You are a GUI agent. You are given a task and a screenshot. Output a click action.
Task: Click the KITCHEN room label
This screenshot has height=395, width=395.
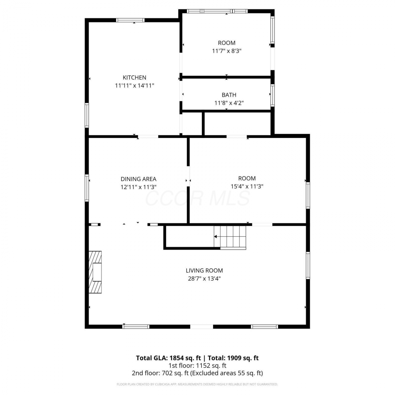134,77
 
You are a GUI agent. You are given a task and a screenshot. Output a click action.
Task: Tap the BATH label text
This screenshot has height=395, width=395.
229,95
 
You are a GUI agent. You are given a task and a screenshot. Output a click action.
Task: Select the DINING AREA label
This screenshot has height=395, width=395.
139,179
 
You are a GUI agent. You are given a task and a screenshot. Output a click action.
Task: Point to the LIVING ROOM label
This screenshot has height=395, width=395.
204,270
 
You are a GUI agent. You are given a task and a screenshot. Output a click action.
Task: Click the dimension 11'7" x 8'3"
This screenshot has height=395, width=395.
227,51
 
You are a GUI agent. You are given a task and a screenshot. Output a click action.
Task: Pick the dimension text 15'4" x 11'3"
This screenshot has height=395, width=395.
247,186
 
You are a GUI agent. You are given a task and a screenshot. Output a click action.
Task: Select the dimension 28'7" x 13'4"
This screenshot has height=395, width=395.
204,279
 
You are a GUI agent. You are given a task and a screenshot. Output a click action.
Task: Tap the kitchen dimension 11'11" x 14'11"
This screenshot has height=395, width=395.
134,86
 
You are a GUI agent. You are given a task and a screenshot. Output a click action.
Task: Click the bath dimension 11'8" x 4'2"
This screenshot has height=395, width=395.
229,103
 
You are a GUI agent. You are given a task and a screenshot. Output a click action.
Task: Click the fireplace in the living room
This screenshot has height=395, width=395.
95,272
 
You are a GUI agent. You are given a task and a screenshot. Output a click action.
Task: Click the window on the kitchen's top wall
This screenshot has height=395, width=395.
130,20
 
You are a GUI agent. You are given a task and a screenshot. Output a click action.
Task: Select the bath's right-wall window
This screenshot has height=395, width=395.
273,95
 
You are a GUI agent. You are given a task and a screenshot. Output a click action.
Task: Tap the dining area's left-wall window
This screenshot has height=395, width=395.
87,188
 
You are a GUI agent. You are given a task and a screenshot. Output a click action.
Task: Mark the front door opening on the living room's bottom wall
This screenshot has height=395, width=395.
201,327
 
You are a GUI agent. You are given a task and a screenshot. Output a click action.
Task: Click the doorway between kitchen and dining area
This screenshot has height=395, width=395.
148,136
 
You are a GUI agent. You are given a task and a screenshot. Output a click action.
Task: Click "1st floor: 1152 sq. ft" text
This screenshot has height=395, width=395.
197,366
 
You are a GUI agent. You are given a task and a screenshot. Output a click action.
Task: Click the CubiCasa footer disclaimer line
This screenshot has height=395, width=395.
197,384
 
